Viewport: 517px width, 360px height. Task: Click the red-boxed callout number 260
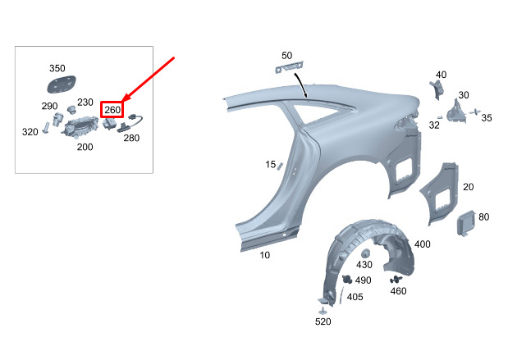coord(112,110)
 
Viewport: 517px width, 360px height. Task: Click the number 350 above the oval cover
coord(57,68)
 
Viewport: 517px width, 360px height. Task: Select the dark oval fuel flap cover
coord(62,84)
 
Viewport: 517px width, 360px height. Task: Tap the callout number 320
coord(30,132)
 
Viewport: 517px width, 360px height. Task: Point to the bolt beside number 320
coord(46,127)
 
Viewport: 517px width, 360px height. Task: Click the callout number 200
coord(85,147)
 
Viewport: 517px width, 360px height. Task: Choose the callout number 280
coord(131,138)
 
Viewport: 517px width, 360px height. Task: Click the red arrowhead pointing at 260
coord(126,97)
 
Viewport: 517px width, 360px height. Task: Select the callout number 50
coord(286,55)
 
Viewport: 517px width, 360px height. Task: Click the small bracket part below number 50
coord(289,67)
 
